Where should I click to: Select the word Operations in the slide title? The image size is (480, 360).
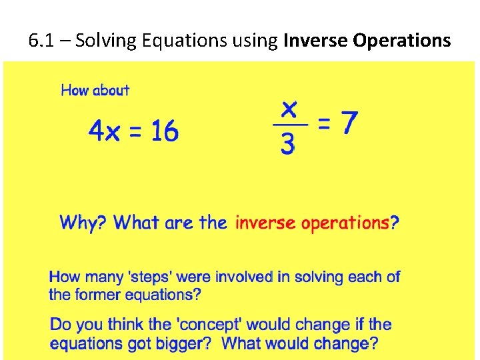coord(402,41)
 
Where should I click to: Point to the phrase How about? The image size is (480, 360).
coord(95,90)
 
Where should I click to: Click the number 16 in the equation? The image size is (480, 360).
coord(164,131)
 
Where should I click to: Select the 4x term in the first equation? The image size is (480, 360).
coord(104,132)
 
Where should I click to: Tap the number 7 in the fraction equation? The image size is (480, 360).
coord(347,122)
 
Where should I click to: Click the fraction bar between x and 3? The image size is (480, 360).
coord(290,125)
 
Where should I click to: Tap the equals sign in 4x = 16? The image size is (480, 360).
coord(135,132)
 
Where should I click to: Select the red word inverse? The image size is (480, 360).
coord(265,223)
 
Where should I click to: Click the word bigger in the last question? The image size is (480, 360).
coord(188,344)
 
